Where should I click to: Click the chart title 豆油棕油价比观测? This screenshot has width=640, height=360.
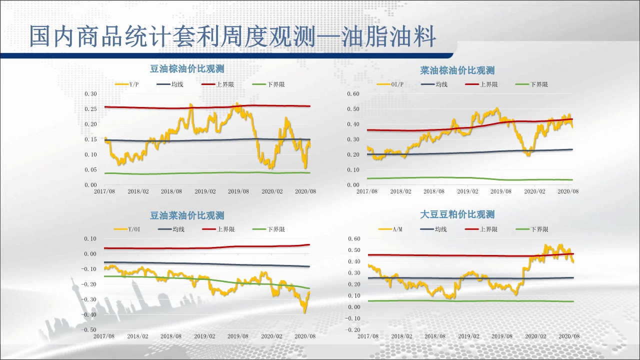[187, 69]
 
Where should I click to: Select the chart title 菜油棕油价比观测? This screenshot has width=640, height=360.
[457, 70]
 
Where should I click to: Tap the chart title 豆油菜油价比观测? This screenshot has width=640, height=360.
[187, 215]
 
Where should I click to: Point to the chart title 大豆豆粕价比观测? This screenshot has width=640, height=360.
[457, 214]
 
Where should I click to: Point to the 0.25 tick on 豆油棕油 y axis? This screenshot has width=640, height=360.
[90, 109]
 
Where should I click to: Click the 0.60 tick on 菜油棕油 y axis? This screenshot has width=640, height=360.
[353, 94]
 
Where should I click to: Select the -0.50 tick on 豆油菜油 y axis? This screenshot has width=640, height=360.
[89, 330]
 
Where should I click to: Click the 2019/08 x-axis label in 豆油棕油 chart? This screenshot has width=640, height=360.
[238, 191]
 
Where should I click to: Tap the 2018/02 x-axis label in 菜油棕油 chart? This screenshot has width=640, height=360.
[400, 191]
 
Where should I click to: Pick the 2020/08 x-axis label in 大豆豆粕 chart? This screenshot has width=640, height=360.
[568, 336]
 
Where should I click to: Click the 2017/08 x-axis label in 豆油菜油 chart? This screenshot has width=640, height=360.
[104, 336]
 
